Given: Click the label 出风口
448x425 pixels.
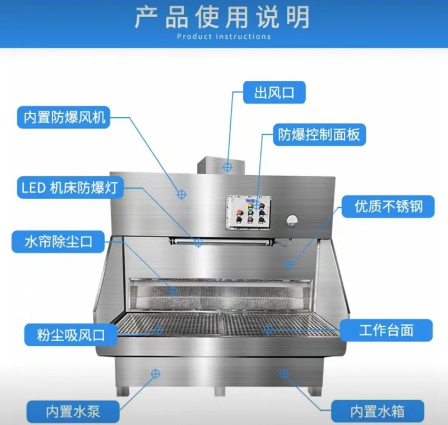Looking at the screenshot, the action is coord(274,92).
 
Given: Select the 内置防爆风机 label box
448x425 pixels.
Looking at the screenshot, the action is coord(64,117).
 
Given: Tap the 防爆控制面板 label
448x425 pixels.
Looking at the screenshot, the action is coord(320,135).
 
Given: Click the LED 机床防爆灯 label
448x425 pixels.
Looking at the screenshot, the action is coord(70,187).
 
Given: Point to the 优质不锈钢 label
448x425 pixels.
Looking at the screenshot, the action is coord(388,207).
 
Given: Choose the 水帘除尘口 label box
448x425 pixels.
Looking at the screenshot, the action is coord(58,242).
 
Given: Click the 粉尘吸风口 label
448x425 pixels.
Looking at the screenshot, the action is coord(70,335).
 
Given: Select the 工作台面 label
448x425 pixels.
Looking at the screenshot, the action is coord(386,330).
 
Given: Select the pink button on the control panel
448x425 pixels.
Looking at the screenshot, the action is coord(250,220).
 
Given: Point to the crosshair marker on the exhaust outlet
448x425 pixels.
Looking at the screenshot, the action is coord(227,167).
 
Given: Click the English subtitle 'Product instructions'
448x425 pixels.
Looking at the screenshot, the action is coord(224,36).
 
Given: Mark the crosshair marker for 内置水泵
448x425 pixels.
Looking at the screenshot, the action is coord(155,374).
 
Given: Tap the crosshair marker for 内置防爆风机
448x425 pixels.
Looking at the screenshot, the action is coord(181,194).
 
